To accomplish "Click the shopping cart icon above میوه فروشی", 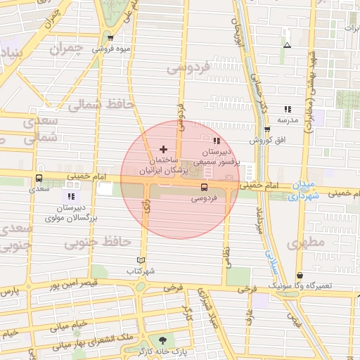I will coord(110,37).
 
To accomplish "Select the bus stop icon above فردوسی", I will coord(204,187).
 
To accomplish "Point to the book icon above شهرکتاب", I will coord(141,259).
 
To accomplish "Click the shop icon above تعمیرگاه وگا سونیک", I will coord(300,276).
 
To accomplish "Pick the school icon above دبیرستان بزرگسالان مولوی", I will coord(70,196).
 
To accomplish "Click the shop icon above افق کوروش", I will coord(267,129).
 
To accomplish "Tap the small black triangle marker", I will coord(286,46).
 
